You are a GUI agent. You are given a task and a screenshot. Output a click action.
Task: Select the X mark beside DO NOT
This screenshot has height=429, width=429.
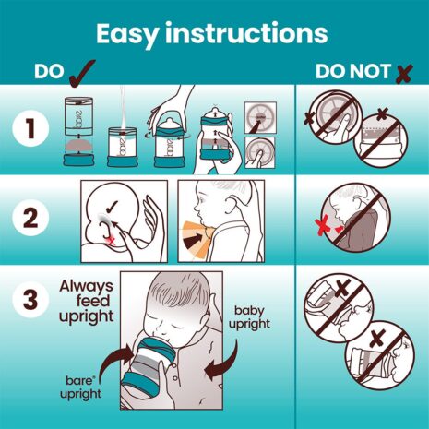pos(402,72)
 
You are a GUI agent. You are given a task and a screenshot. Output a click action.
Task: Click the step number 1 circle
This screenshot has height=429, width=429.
pos(31,131)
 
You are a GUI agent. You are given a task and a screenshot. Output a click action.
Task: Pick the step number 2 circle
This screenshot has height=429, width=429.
pos(31,220)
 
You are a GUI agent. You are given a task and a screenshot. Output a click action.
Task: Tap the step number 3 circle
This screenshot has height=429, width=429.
pos(31,302)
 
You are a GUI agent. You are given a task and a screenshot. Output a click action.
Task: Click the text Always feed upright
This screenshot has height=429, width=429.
pos(87,301)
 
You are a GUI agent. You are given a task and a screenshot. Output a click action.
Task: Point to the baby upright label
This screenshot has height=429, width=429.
pos(256,319)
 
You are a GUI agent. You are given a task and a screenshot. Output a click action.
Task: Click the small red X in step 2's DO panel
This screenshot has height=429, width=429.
pos(112,238)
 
